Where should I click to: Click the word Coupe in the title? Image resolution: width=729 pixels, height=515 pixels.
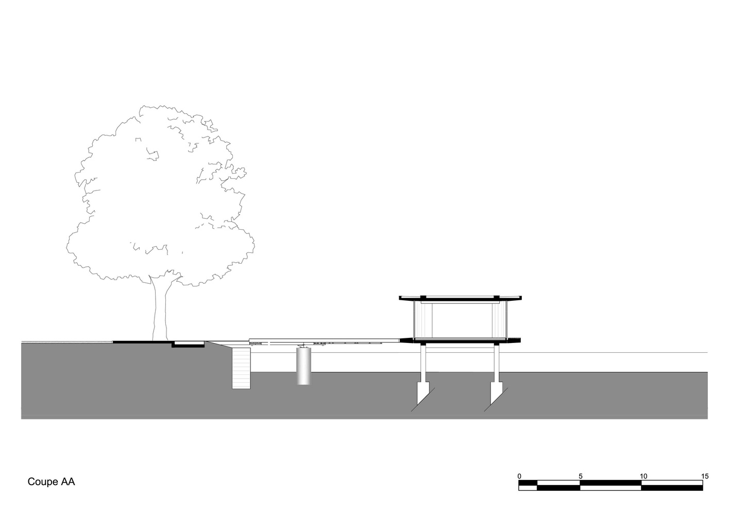42,482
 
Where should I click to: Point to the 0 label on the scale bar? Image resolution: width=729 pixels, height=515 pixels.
519,476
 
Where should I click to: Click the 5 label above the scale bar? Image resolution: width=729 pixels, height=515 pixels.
581,476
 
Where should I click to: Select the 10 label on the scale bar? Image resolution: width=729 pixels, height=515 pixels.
643,476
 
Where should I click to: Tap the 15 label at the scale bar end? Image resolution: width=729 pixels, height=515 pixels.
705,476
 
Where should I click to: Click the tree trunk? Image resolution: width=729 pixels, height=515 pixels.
160,309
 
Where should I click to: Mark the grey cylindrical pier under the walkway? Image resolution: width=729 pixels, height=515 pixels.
303,366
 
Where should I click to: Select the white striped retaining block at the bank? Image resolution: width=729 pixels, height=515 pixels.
241,368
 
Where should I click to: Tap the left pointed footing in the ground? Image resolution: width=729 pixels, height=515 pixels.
422,396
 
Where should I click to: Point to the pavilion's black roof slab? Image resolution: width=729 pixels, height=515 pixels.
460,298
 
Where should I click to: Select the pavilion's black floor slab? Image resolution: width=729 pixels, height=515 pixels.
460,340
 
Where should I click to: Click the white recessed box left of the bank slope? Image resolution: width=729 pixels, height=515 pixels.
188,344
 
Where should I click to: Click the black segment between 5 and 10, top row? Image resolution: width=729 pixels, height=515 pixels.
611,483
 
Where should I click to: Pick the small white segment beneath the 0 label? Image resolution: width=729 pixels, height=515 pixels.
528,488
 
